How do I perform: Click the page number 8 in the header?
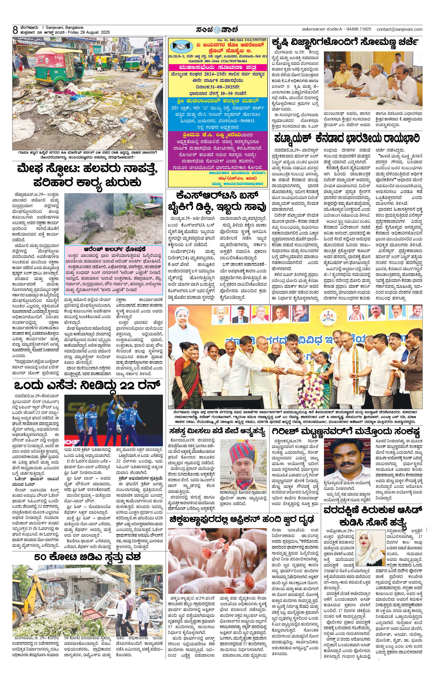pyautogui.click(x=15, y=30)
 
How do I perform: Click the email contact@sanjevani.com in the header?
pyautogui.click(x=399, y=29)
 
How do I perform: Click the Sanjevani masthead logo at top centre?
pyautogui.click(x=217, y=29)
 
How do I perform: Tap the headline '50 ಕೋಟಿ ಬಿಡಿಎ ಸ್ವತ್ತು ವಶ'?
pyautogui.click(x=88, y=557)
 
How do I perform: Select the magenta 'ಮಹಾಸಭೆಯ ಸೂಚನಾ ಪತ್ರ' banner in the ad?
pyautogui.click(x=218, y=68)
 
